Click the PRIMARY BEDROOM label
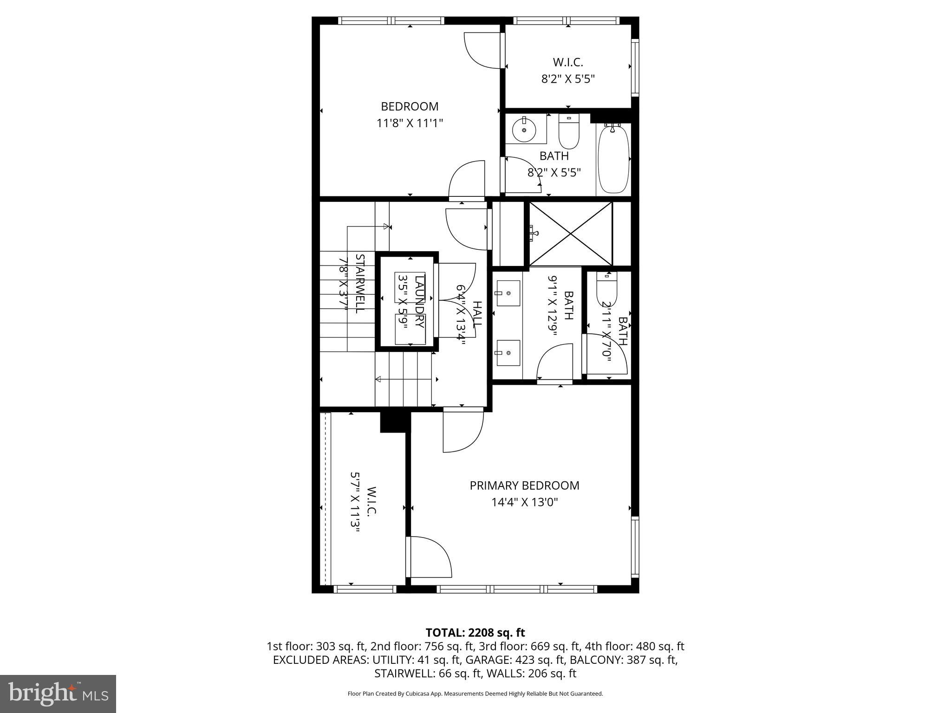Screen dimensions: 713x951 [524, 486]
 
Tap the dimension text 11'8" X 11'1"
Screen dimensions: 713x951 [410, 123]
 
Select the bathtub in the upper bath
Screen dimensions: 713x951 [613, 159]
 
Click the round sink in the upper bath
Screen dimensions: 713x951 [524, 130]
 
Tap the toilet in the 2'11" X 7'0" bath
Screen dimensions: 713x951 [606, 288]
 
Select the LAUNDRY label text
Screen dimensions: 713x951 [419, 301]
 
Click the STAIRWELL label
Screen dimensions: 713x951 [359, 283]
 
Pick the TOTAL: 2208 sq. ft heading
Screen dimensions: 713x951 [475, 633]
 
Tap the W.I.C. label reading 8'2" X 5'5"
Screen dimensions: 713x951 [568, 70]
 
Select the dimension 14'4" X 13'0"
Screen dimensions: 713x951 [524, 502]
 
